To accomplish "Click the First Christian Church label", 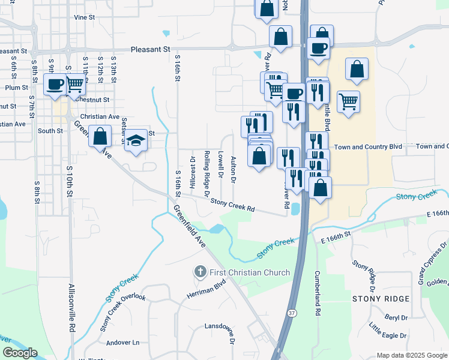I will [x=250, y=272].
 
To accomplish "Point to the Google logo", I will [x=20, y=353].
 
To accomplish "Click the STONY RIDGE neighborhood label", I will [x=381, y=298].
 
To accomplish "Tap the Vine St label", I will [x=85, y=18].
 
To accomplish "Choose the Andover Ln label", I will [x=122, y=343].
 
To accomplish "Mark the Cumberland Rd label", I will [x=317, y=293].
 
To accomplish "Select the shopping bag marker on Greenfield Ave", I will [x=100, y=136].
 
